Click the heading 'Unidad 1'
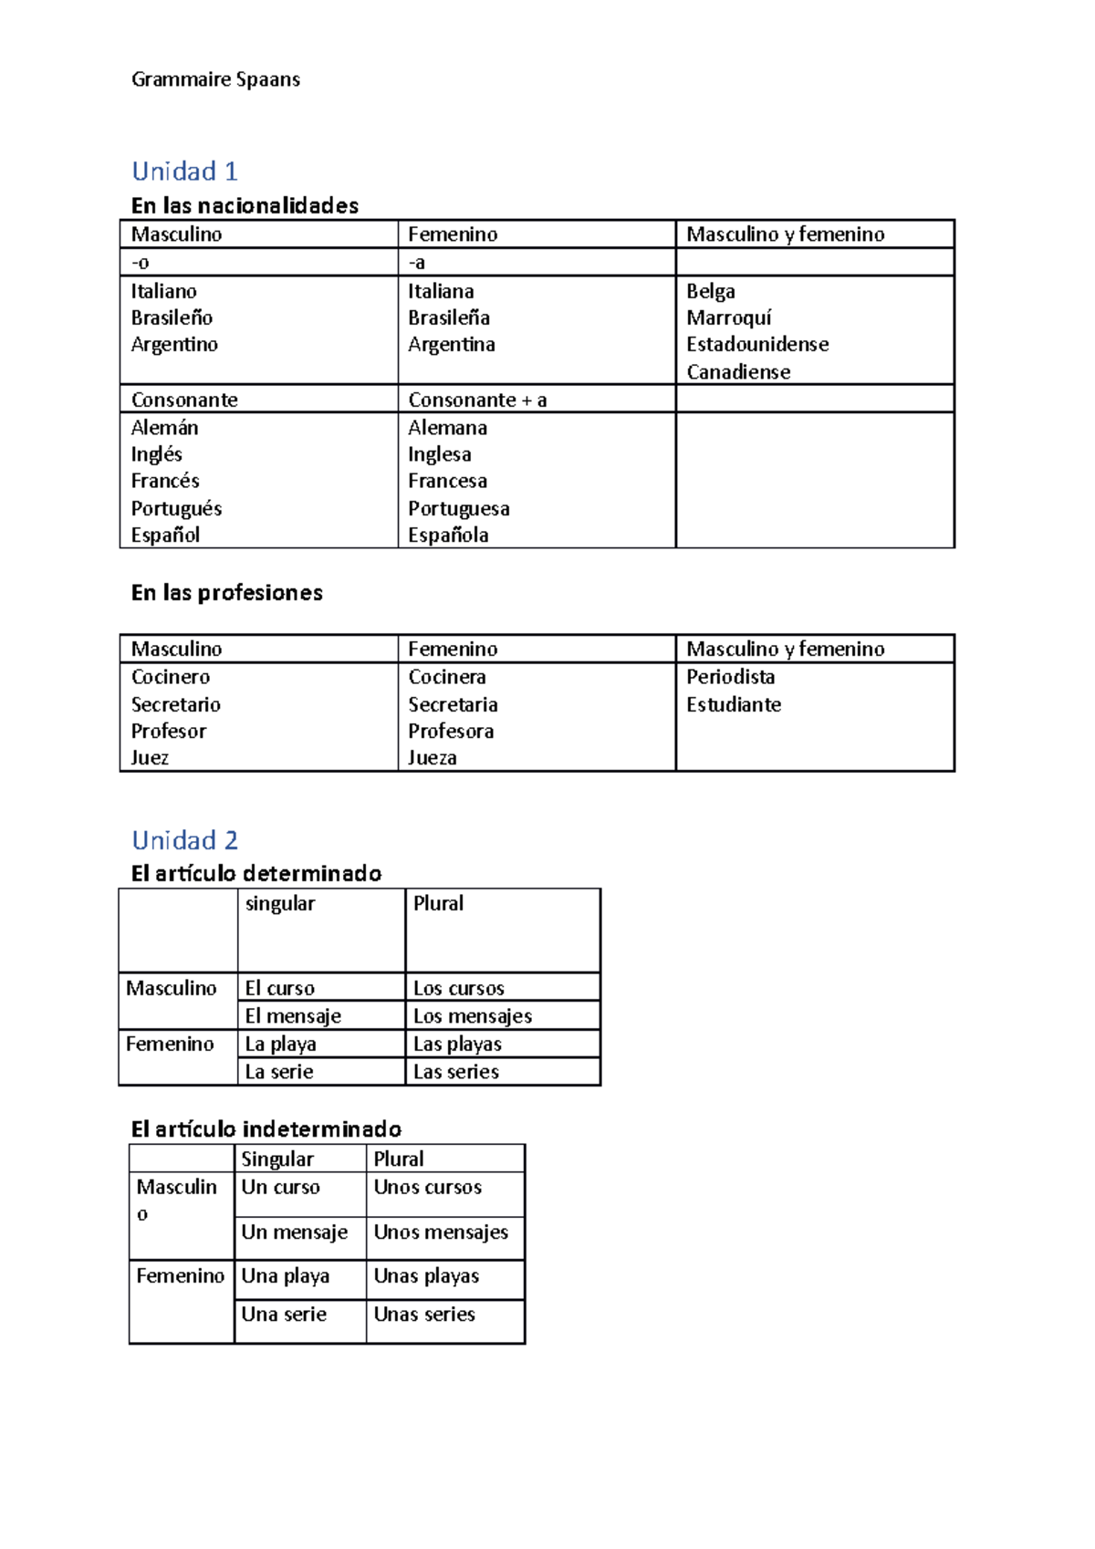(184, 172)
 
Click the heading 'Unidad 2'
(184, 840)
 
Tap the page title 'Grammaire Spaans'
(215, 79)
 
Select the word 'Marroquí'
(728, 317)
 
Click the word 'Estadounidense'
(756, 344)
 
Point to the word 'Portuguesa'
(458, 508)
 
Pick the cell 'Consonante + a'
(477, 400)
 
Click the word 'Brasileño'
(172, 317)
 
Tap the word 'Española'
(448, 535)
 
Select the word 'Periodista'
(730, 677)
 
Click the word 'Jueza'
(432, 757)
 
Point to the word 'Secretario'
(175, 704)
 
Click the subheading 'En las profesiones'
(226, 593)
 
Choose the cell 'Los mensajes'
(472, 1015)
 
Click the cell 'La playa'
(280, 1044)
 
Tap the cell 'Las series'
(455, 1072)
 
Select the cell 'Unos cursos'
(427, 1187)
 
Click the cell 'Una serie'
(283, 1314)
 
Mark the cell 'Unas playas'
(426, 1275)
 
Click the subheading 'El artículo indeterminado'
(266, 1129)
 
